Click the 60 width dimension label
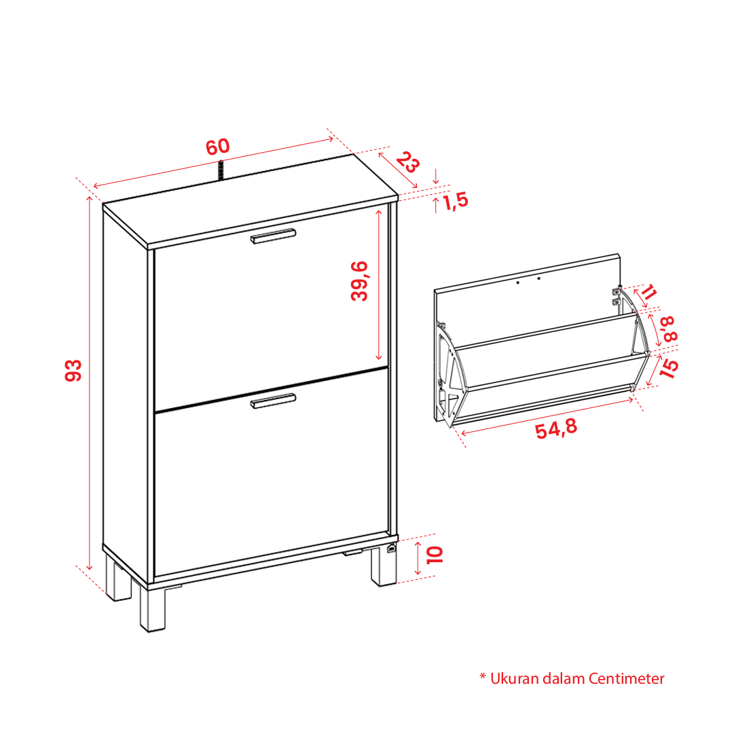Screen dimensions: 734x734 tap(218, 147)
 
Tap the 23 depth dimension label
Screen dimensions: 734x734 tap(407, 162)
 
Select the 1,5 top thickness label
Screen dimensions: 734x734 tap(455, 201)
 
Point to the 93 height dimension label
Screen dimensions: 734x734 tap(73, 371)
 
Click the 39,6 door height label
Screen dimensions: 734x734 tap(359, 281)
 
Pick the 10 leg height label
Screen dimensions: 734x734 tap(435, 555)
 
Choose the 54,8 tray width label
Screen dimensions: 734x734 tap(556, 429)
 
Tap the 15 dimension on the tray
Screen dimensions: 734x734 tap(668, 368)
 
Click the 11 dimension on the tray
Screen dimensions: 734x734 tap(649, 292)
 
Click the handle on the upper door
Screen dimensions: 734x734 tap(273, 236)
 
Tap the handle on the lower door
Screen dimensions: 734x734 tap(273, 401)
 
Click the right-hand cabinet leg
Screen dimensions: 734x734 tap(384, 566)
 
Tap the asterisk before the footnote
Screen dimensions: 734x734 tap(483, 676)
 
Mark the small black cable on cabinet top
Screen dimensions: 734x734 tap(221, 170)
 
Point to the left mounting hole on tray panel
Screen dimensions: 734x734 tap(517, 282)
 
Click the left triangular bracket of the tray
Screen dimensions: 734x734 tap(451, 375)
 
